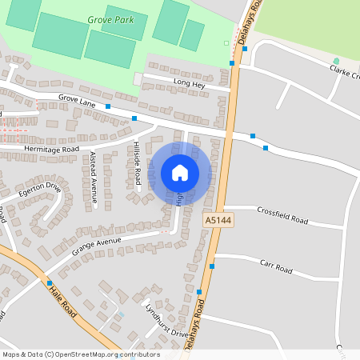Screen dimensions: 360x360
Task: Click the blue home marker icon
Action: [x=179, y=172]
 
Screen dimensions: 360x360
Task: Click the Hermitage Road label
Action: [x=52, y=149]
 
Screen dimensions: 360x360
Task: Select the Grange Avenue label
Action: [x=96, y=246]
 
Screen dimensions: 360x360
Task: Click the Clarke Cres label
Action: [x=345, y=73]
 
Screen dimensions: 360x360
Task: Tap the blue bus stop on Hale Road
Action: [x=50, y=283]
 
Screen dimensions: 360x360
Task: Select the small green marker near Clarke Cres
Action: [x=336, y=61]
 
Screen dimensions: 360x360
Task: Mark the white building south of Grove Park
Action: [x=138, y=78]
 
